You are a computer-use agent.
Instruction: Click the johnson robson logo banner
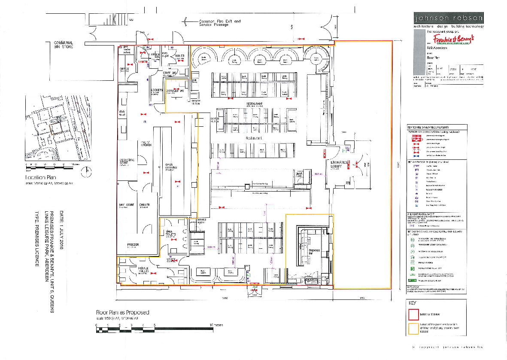click(x=448, y=18)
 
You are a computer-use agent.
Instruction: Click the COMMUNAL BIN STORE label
click(x=63, y=45)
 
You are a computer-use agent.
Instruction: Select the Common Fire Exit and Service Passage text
click(x=220, y=23)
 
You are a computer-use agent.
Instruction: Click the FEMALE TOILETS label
click(x=143, y=270)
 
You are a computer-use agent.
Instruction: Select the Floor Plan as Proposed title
click(x=122, y=313)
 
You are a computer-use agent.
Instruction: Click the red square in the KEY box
click(x=413, y=314)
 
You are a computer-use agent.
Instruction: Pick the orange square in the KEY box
click(x=413, y=329)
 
